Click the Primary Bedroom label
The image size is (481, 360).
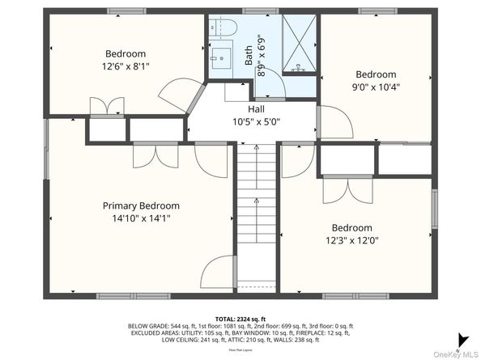pos(140,205)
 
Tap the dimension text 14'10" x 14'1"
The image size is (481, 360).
pos(140,218)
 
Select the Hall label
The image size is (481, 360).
pos(256,109)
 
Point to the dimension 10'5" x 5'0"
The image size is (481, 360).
pos(256,123)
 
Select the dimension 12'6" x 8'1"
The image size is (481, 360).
pos(126,66)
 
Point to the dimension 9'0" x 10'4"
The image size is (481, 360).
pos(376,87)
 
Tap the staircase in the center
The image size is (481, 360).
pos(257,214)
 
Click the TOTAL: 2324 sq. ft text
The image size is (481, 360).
pos(240,319)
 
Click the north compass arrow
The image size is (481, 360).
pos(462,340)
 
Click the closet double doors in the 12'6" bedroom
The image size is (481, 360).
pos(107,107)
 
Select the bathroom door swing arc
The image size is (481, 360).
pos(273,84)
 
